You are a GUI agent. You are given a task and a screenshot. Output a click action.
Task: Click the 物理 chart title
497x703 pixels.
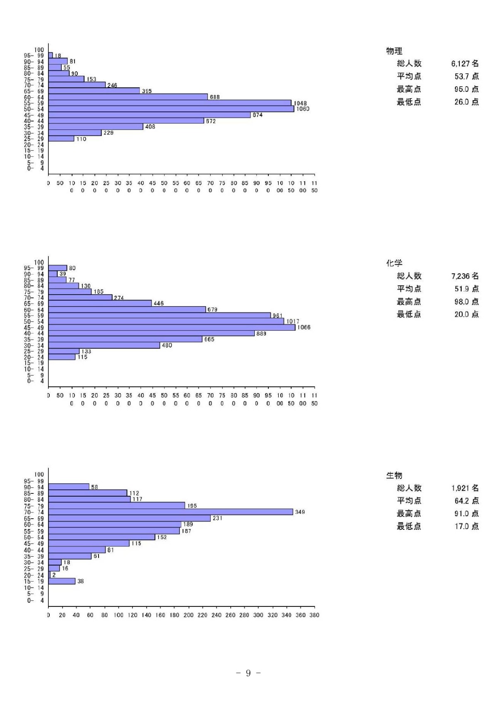394,51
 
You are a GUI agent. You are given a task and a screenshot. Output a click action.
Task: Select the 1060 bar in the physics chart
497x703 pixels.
171,109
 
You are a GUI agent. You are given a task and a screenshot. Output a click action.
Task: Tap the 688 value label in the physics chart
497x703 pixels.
215,97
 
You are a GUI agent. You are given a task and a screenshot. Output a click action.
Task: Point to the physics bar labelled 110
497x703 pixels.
61,139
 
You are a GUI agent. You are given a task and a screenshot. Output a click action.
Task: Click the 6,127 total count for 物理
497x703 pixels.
465,64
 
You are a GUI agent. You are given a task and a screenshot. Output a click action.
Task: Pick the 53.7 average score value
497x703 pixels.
466,76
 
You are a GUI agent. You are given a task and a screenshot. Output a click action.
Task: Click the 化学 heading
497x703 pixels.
394,263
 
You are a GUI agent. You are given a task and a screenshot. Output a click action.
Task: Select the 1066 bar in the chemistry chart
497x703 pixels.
172,327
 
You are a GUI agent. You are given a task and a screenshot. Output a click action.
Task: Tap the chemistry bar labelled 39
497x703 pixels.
53,274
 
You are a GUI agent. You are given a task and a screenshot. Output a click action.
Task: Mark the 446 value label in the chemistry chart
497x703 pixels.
159,304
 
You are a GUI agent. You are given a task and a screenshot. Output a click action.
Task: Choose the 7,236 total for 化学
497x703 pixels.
465,276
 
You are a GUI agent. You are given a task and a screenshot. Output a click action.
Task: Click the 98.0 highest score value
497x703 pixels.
466,302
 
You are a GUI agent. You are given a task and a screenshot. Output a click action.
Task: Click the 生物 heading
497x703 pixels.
394,476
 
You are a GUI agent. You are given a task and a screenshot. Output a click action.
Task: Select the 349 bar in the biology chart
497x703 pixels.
171,512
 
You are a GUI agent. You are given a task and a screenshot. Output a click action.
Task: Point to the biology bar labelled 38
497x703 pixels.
62,581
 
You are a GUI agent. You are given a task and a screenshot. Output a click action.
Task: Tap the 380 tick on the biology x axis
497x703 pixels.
314,615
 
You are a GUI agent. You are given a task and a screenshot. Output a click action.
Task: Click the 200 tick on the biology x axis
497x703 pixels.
188,615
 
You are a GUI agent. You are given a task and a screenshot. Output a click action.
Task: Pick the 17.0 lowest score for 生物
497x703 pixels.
466,527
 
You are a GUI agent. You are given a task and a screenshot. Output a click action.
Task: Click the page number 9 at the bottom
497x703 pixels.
248,673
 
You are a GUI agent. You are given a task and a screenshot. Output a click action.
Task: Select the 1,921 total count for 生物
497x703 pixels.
465,488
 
